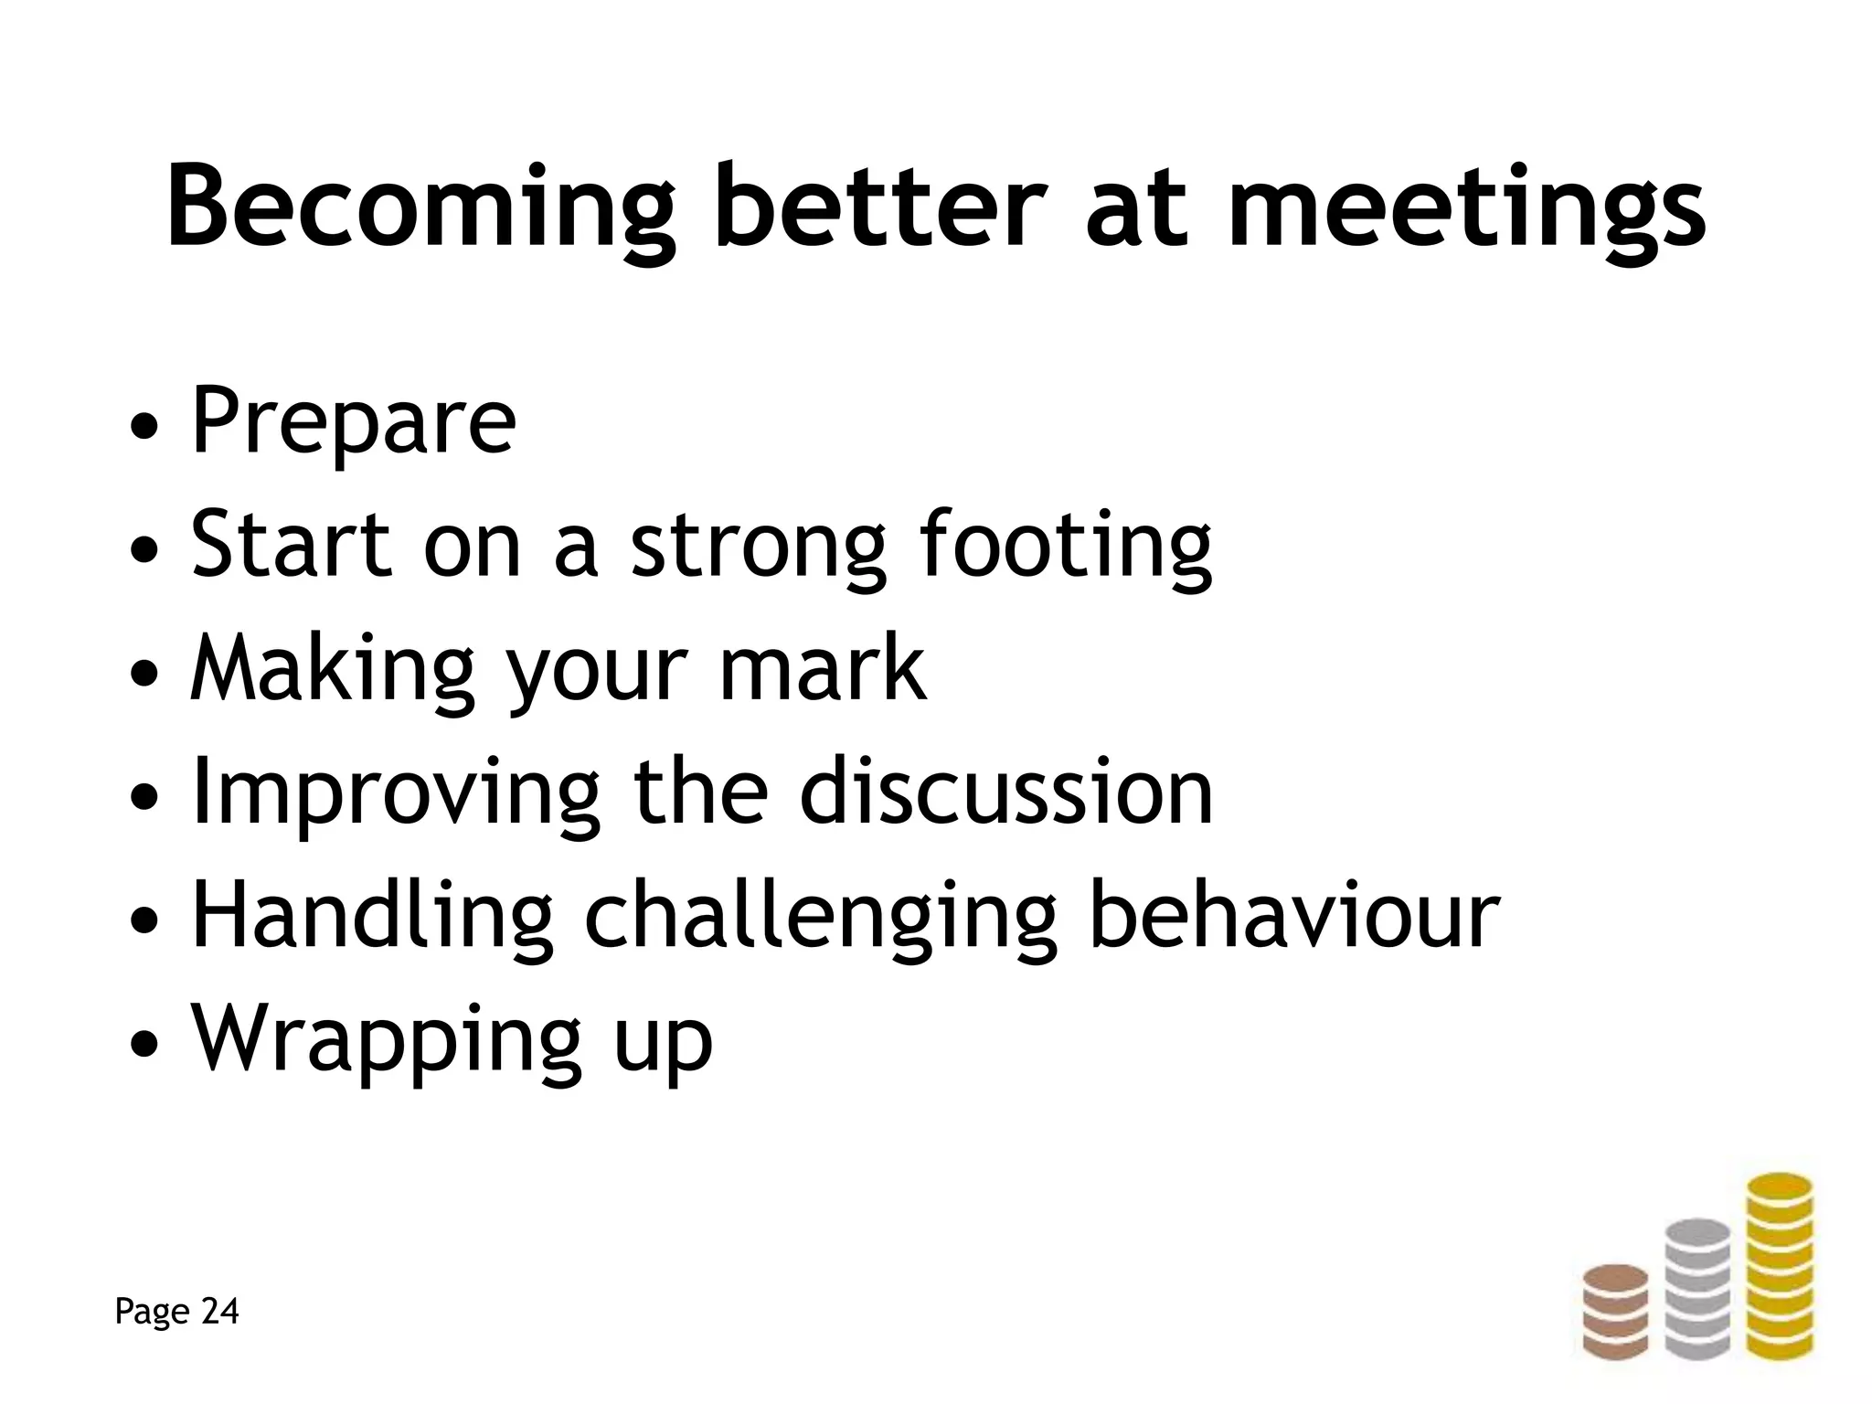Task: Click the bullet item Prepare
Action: pos(353,422)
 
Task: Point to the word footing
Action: pos(1066,546)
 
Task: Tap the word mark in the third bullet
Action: pos(822,669)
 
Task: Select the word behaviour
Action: pos(1294,916)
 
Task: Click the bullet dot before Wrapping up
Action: pos(147,1044)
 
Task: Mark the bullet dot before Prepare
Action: pos(147,427)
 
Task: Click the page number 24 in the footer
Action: pos(219,1312)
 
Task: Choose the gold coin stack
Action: pos(1779,1280)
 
